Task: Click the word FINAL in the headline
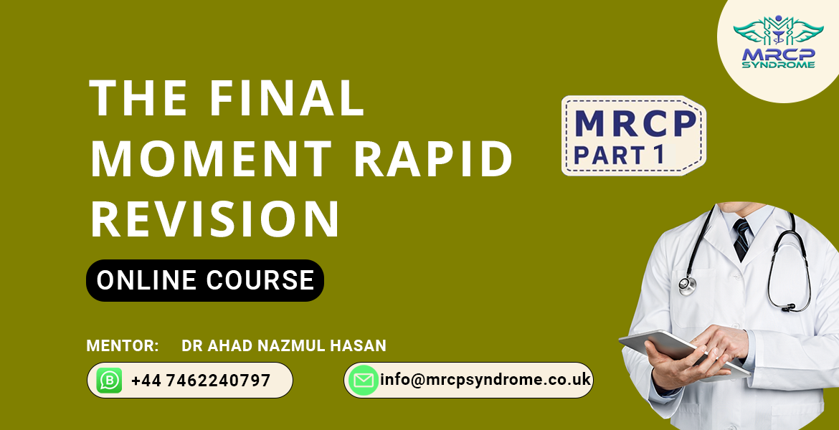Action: pyautogui.click(x=287, y=98)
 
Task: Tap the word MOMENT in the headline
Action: pyautogui.click(x=212, y=159)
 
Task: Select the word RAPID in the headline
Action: pyautogui.click(x=435, y=159)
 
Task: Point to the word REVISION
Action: pyautogui.click(x=215, y=219)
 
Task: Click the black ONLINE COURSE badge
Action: pyautogui.click(x=205, y=280)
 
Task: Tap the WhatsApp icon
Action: pyautogui.click(x=109, y=381)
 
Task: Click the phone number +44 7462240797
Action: pyautogui.click(x=201, y=381)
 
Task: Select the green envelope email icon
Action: pyautogui.click(x=363, y=381)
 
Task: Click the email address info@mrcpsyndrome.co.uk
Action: pyautogui.click(x=485, y=379)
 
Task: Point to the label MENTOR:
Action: pyautogui.click(x=122, y=346)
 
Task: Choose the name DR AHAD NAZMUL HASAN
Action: pyautogui.click(x=284, y=346)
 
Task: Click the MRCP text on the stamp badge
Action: pyautogui.click(x=635, y=124)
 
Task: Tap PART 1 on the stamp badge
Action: pyautogui.click(x=620, y=154)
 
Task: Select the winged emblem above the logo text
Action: pyautogui.click(x=777, y=31)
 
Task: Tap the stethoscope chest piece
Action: pyautogui.click(x=686, y=285)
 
